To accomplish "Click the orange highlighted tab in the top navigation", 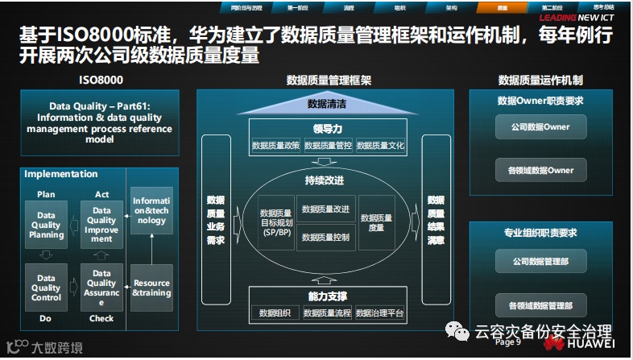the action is (503, 6).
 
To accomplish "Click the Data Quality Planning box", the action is (47, 225).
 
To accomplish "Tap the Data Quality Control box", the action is (47, 288).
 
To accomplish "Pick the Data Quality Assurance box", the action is (102, 288).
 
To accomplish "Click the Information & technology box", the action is (151, 209).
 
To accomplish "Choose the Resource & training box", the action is (151, 288).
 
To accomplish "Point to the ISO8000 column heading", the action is (101, 81).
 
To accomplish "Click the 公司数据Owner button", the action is (540, 127).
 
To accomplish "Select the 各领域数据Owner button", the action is (540, 170).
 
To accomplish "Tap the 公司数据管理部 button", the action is (540, 262).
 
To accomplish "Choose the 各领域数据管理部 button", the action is (540, 305).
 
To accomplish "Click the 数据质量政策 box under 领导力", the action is (275, 146).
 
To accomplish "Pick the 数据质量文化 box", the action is (380, 146).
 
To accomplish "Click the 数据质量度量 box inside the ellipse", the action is (377, 222).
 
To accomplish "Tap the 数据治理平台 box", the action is (379, 312).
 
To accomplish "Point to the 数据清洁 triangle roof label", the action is (328, 104).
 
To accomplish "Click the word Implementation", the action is (61, 174).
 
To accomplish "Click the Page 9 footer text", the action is (508, 342).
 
